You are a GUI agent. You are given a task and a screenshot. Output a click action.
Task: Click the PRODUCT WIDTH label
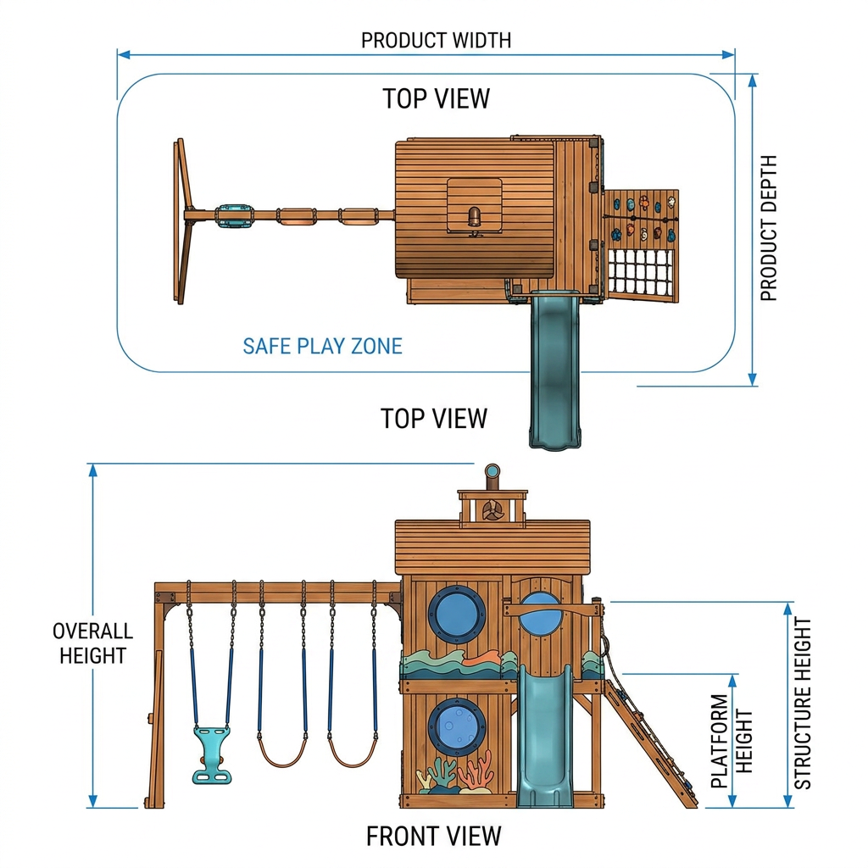[436, 41]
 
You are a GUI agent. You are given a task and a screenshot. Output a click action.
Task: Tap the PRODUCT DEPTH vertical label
[768, 228]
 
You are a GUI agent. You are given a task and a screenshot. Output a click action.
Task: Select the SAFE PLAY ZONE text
[322, 346]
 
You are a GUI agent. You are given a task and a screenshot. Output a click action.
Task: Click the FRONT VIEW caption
[433, 836]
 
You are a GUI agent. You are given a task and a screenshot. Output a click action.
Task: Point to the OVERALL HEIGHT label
[92, 643]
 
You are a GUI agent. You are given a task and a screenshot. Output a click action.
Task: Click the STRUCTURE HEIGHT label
[802, 703]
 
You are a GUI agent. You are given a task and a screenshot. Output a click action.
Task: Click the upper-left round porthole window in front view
[457, 614]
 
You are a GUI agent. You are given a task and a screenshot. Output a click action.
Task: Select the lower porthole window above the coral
[457, 726]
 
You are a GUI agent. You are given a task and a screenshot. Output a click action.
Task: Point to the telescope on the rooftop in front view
[492, 476]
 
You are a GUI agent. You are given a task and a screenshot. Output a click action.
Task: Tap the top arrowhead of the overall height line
[93, 470]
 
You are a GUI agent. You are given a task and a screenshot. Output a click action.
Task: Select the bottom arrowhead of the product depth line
[753, 379]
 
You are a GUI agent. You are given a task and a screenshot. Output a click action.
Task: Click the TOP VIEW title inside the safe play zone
[437, 98]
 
